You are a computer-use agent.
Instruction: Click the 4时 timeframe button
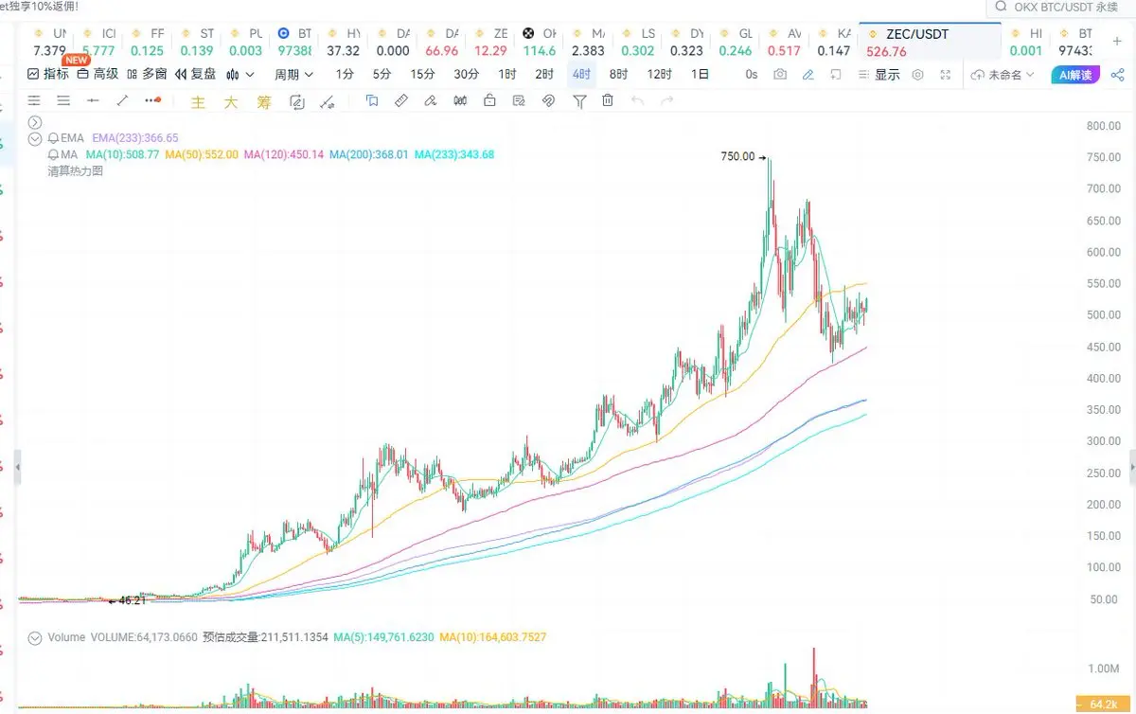tap(580, 74)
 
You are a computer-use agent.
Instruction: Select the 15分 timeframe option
tap(422, 74)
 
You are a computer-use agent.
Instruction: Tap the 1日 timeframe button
tap(700, 74)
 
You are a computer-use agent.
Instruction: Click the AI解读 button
tap(1074, 75)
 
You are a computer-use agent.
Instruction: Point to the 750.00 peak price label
tap(737, 157)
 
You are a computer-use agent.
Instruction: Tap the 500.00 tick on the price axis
tap(1102, 315)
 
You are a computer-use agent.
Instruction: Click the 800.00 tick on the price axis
tap(1102, 126)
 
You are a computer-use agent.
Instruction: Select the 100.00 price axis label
tap(1102, 568)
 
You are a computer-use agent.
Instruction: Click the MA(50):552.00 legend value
tap(201, 154)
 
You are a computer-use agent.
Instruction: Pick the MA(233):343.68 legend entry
tap(453, 154)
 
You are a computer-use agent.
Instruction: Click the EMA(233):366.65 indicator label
tap(134, 137)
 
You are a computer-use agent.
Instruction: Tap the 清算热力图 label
tap(75, 171)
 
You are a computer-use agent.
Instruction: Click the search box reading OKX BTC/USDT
tap(1065, 8)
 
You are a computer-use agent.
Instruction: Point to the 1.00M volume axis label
tap(1104, 669)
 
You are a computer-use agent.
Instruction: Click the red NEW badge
tap(77, 61)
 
